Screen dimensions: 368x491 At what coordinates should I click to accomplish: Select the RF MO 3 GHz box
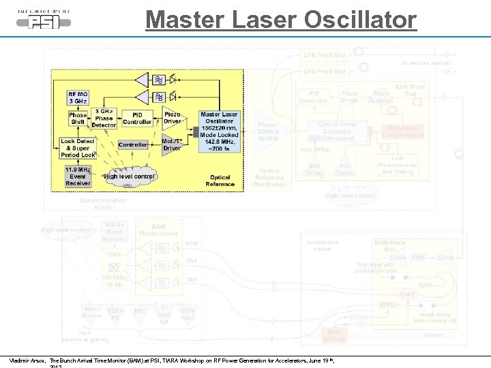tap(78, 97)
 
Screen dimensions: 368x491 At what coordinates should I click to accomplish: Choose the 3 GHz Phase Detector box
tap(104, 119)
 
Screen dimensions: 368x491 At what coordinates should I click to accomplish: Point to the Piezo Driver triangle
tap(171, 119)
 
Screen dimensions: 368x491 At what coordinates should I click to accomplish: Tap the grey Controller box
tap(133, 144)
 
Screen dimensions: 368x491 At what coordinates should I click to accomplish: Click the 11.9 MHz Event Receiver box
tap(77, 175)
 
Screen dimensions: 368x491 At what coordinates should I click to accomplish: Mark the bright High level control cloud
tap(130, 177)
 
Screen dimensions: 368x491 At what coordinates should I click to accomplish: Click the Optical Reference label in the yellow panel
tap(220, 181)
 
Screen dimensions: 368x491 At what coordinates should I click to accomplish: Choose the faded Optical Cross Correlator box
tap(338, 131)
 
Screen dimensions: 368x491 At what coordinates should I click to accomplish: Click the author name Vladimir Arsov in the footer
tap(27, 360)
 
